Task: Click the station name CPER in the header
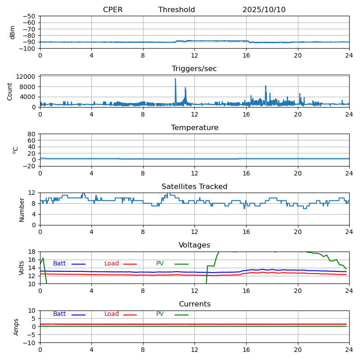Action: tap(112, 10)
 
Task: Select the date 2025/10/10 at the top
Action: tap(264, 10)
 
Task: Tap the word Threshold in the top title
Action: tap(176, 10)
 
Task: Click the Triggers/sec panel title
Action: tap(194, 69)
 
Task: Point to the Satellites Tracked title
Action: tap(194, 187)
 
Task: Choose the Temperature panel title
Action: tap(194, 128)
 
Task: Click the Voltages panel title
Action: tap(194, 245)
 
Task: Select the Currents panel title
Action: tap(194, 304)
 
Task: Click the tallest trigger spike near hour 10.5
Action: tap(175, 79)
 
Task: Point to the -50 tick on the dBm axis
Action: tap(29, 16)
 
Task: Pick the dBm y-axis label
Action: tap(13, 32)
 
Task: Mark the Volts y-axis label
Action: tap(22, 268)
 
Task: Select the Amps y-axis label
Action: tap(17, 327)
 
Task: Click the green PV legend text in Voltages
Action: tap(160, 264)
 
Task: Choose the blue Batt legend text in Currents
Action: tap(59, 314)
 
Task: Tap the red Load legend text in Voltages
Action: tap(111, 264)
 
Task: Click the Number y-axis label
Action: tap(22, 209)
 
